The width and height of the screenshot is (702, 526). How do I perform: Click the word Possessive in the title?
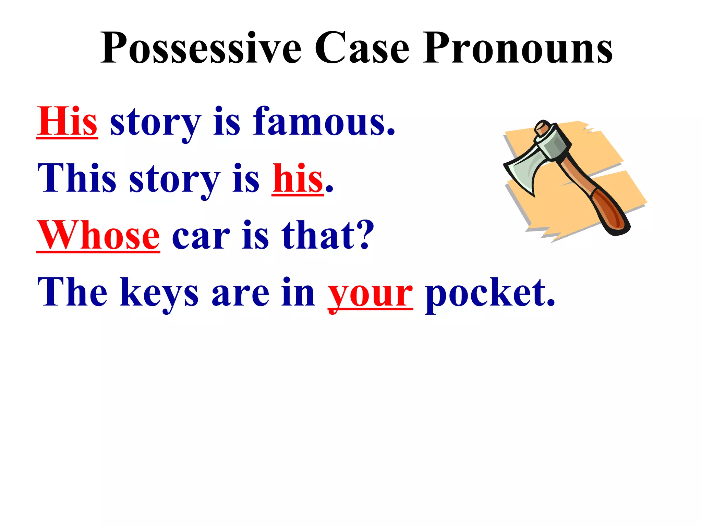tap(201, 48)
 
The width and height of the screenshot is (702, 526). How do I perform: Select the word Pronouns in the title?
tap(518, 48)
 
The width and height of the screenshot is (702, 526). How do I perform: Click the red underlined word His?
tap(67, 122)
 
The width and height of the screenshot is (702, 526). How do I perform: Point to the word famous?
tap(324, 122)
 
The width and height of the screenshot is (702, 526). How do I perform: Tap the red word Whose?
tap(98, 236)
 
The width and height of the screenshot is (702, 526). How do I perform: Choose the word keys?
tap(159, 293)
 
